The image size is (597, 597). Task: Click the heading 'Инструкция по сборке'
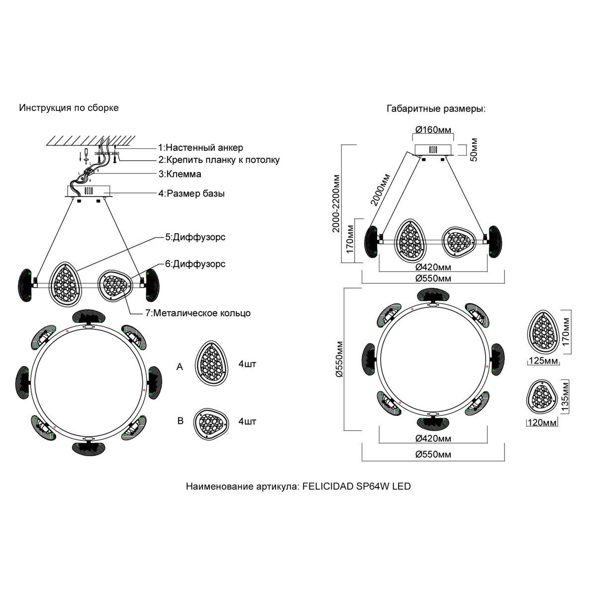tap(69, 107)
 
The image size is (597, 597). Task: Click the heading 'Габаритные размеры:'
tap(436, 109)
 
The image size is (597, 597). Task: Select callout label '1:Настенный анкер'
tap(200, 148)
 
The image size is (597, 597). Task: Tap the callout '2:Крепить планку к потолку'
tap(219, 160)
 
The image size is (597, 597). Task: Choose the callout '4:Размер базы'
tap(192, 193)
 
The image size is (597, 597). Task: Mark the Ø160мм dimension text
tap(433, 130)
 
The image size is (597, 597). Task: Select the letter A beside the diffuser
tap(180, 367)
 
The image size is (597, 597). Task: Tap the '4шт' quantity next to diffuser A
tap(247, 365)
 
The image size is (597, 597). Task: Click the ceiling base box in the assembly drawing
tap(90, 191)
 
